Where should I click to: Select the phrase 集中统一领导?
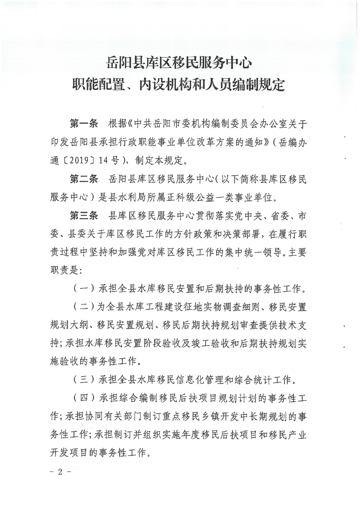[x=261, y=254]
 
